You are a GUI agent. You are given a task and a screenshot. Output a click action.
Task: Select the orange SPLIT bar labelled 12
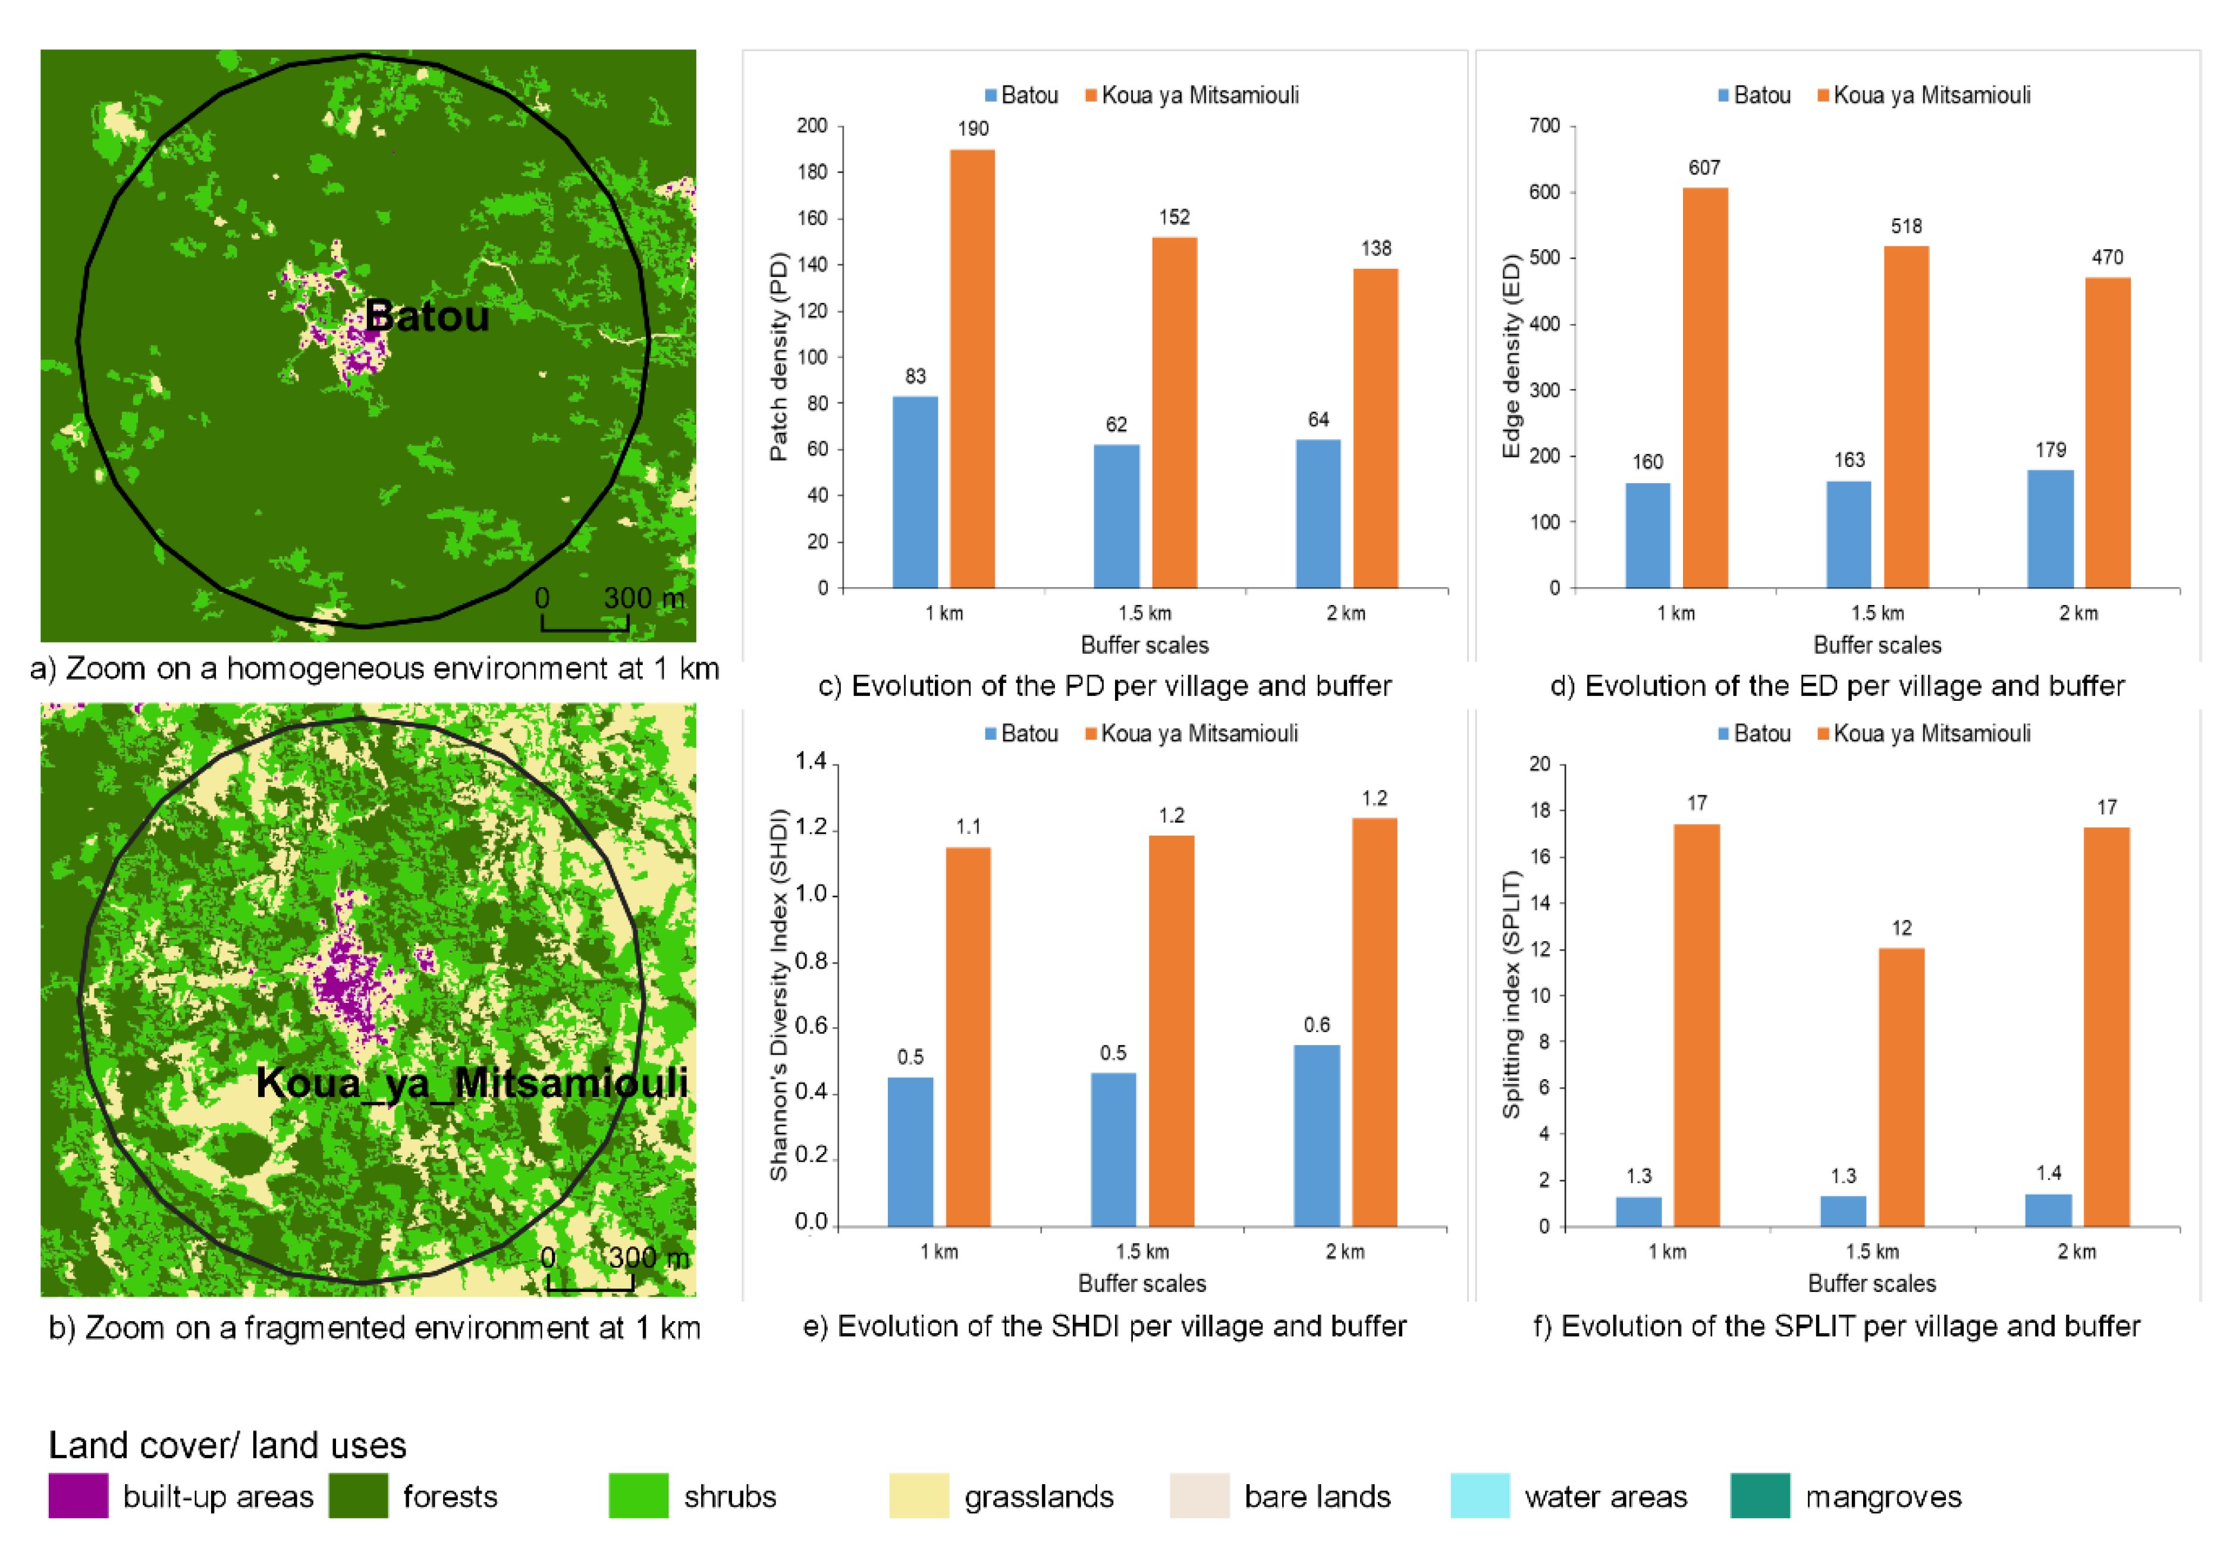(x=1901, y=1087)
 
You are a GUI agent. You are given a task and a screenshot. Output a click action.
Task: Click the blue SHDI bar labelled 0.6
(x=1317, y=1136)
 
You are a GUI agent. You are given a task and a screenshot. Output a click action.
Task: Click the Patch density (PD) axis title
(x=778, y=357)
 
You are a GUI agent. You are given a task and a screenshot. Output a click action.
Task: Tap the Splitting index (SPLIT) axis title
(x=1510, y=995)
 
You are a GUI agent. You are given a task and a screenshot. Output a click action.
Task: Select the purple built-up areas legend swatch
(x=78, y=1495)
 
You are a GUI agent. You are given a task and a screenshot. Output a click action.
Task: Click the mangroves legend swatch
(x=1760, y=1495)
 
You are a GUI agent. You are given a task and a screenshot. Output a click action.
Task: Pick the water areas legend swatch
(x=1479, y=1495)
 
